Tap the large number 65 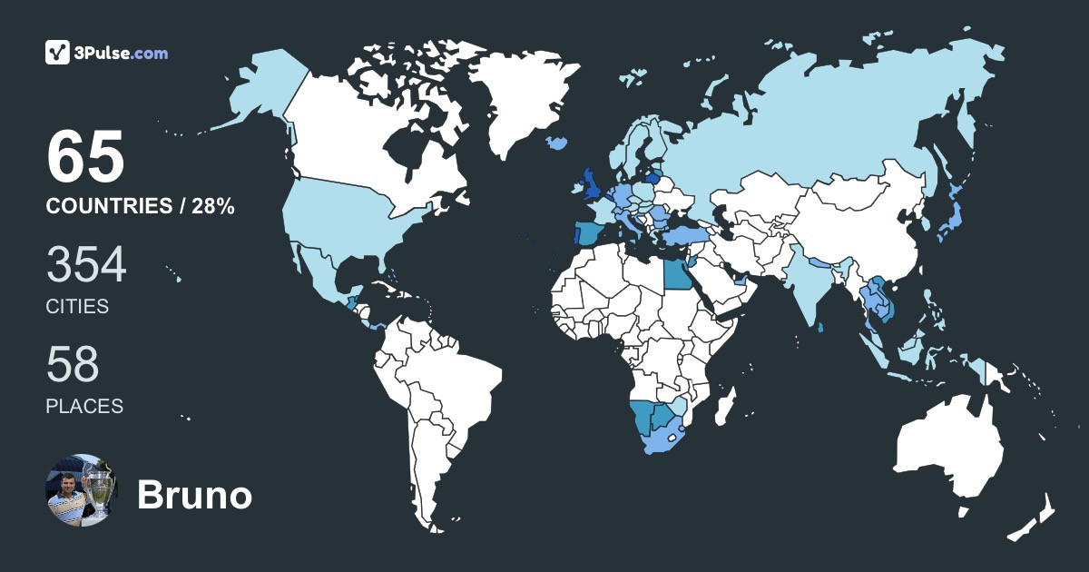(x=85, y=156)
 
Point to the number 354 (x=86, y=266)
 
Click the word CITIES (x=77, y=307)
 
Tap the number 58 (x=73, y=365)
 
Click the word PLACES (x=84, y=406)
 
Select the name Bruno (x=194, y=496)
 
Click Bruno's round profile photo (x=82, y=489)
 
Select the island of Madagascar (x=723, y=404)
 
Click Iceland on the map (x=556, y=143)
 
